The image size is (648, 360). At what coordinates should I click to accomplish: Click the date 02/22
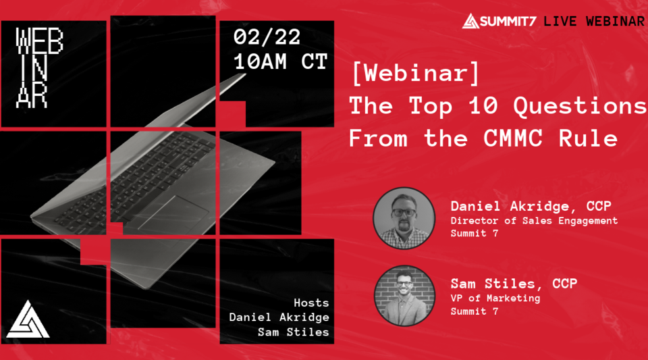click(267, 37)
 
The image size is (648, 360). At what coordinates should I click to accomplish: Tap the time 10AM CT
click(280, 62)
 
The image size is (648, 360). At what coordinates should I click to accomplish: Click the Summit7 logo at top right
click(500, 21)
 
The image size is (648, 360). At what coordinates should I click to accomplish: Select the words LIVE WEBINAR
click(594, 21)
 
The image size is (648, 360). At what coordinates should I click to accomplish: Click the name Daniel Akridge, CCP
click(523, 206)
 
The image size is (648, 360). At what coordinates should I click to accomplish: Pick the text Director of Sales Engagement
click(534, 220)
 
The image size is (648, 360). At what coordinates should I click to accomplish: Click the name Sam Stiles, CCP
click(514, 283)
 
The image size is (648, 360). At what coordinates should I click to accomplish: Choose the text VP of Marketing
click(495, 298)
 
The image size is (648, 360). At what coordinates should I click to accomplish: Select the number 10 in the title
click(484, 106)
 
